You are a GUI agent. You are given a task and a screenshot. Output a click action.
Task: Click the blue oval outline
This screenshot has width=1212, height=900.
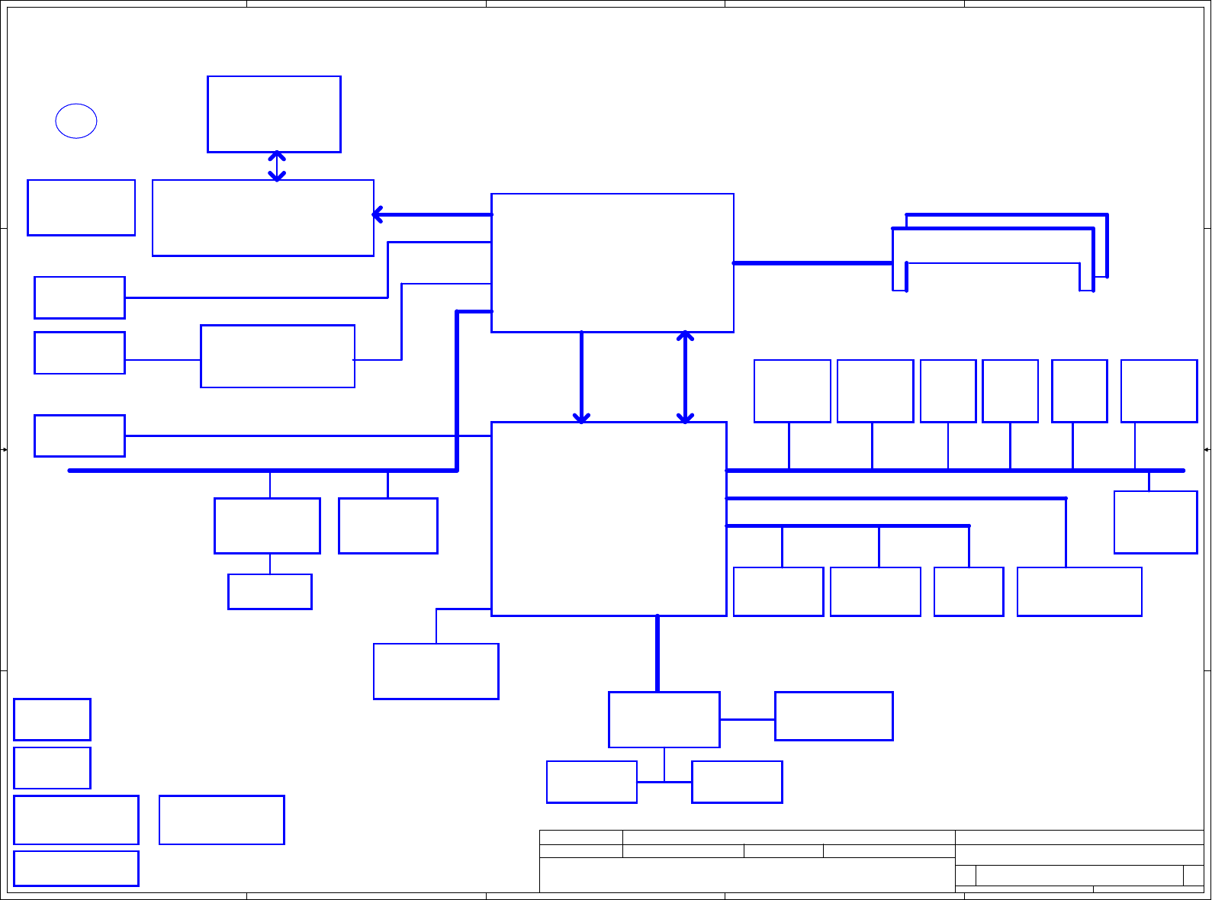(x=76, y=121)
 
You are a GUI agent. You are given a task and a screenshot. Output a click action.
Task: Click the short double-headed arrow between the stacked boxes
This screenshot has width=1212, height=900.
(x=277, y=166)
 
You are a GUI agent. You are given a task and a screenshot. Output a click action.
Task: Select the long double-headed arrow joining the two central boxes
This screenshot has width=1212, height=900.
(x=685, y=377)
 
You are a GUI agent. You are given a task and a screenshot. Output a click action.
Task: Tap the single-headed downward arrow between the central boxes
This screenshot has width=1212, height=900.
(x=581, y=377)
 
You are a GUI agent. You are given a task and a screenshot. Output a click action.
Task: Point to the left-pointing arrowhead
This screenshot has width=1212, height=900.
(x=377, y=214)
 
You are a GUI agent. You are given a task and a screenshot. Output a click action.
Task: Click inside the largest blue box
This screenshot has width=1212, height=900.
(x=609, y=519)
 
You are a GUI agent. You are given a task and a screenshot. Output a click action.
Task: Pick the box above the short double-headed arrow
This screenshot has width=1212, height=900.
(x=274, y=114)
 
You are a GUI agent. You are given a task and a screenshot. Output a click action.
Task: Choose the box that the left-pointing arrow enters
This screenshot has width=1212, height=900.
(x=263, y=218)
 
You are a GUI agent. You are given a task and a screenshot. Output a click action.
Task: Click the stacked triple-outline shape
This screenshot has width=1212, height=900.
(x=999, y=252)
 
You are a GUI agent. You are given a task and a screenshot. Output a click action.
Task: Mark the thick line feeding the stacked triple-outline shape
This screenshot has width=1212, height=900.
(x=812, y=263)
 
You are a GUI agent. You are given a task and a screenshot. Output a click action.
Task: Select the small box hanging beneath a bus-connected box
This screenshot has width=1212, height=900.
(x=270, y=592)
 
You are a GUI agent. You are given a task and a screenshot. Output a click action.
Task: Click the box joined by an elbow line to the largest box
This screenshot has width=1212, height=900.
(x=436, y=671)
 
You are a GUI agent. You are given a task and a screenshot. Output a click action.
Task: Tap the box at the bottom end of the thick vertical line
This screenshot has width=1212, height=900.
(x=664, y=719)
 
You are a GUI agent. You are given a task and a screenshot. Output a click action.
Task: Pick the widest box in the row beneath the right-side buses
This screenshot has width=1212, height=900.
(x=1079, y=592)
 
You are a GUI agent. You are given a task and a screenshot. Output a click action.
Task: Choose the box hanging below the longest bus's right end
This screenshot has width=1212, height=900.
(x=1156, y=522)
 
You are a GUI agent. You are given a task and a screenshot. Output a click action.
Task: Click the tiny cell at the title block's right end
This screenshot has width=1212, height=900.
(x=1193, y=876)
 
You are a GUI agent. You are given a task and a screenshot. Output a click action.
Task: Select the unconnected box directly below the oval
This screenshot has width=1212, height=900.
(x=81, y=207)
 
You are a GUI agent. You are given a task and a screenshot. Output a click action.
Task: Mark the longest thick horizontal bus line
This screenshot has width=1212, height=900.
(x=953, y=471)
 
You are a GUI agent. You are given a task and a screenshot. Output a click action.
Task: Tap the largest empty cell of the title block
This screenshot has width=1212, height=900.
(x=747, y=875)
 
